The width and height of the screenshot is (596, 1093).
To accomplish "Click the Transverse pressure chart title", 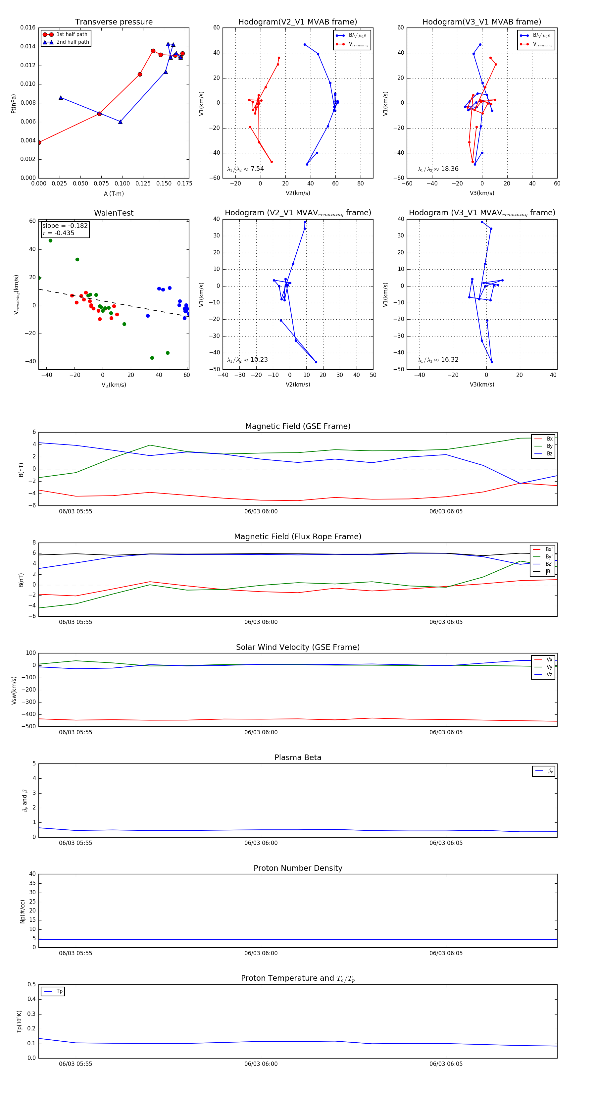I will (114, 22).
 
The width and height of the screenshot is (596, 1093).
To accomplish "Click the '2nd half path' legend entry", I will (73, 42).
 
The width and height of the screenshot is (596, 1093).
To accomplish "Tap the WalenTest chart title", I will (114, 213).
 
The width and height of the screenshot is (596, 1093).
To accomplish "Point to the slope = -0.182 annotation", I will (65, 226).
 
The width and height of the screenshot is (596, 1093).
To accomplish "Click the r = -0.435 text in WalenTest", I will (58, 233).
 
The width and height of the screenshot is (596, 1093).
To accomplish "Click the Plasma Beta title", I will (298, 757).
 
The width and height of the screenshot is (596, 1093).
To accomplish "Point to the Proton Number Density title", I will (298, 868).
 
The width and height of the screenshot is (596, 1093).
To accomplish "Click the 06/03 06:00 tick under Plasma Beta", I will (261, 843).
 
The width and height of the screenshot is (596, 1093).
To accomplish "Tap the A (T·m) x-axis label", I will (114, 193).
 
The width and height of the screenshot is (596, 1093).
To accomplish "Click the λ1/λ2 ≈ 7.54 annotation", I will (245, 169).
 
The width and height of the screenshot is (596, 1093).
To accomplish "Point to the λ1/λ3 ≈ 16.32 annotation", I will (438, 360).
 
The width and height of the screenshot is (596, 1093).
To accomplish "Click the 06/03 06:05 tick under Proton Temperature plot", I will (446, 1064).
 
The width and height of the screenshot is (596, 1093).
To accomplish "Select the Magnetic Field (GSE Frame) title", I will (298, 426).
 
